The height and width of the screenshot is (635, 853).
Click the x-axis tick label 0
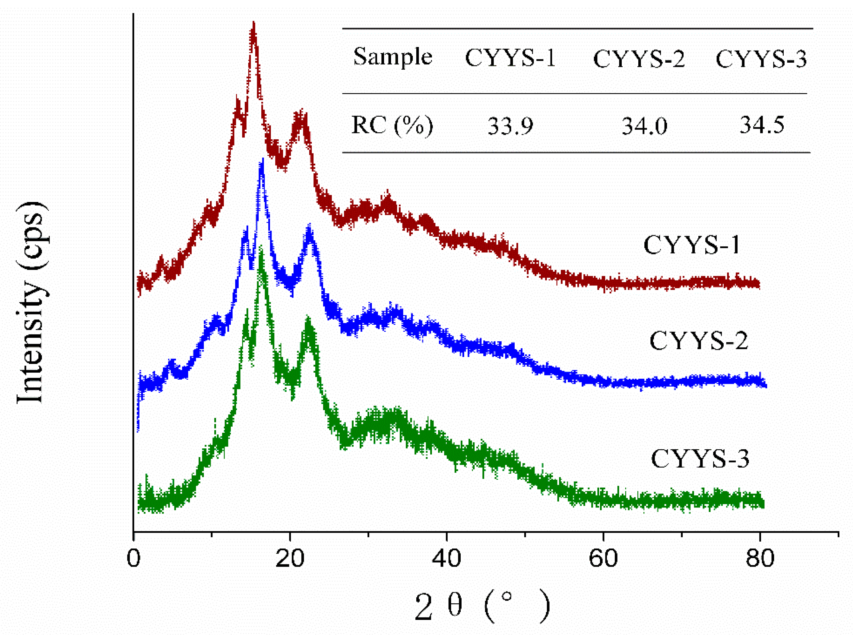click(133, 559)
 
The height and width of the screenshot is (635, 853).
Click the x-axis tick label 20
click(290, 559)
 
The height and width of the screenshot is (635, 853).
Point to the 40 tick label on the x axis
click(446, 559)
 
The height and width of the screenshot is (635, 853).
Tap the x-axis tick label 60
click(603, 559)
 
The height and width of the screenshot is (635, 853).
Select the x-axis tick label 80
click(760, 559)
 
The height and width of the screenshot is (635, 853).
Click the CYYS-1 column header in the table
click(510, 58)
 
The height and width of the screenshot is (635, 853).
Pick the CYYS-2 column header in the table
click(639, 59)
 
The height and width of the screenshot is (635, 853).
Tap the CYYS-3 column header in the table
click(761, 59)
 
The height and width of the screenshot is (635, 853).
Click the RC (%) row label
click(392, 125)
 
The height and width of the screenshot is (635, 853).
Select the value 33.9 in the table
click(510, 126)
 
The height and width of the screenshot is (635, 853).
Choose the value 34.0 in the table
click(644, 126)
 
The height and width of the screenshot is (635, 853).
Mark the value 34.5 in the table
click(762, 125)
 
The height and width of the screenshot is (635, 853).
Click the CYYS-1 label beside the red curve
click(691, 245)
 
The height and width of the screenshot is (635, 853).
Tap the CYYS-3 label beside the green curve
click(700, 459)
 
